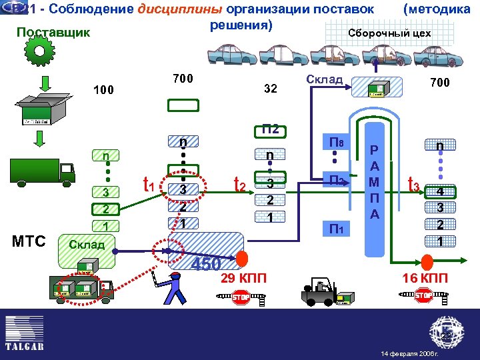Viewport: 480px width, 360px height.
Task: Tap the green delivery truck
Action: click(x=42, y=170)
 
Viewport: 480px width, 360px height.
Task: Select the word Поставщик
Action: click(x=53, y=33)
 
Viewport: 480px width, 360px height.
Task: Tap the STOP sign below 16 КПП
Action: click(x=424, y=295)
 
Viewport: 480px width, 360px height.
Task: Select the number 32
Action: click(x=270, y=89)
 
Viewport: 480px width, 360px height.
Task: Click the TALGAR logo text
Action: click(x=25, y=347)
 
